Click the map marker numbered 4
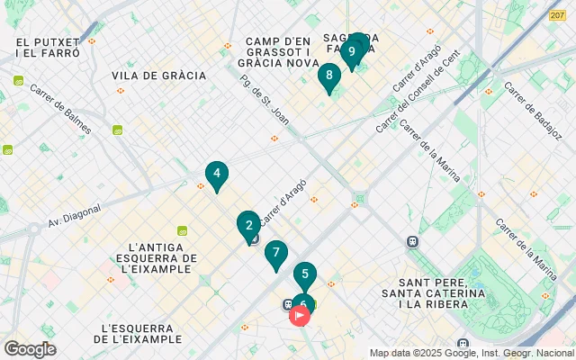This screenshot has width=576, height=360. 216,175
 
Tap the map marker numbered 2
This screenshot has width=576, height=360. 248,225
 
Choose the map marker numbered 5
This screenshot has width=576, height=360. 305,274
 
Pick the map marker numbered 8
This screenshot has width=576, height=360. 329,76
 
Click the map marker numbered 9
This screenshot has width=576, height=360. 351,51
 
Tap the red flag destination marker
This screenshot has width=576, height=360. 300,316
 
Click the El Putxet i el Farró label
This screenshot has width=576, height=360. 48,48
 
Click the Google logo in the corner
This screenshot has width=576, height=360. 30,349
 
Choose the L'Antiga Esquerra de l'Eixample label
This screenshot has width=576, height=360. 161,257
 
